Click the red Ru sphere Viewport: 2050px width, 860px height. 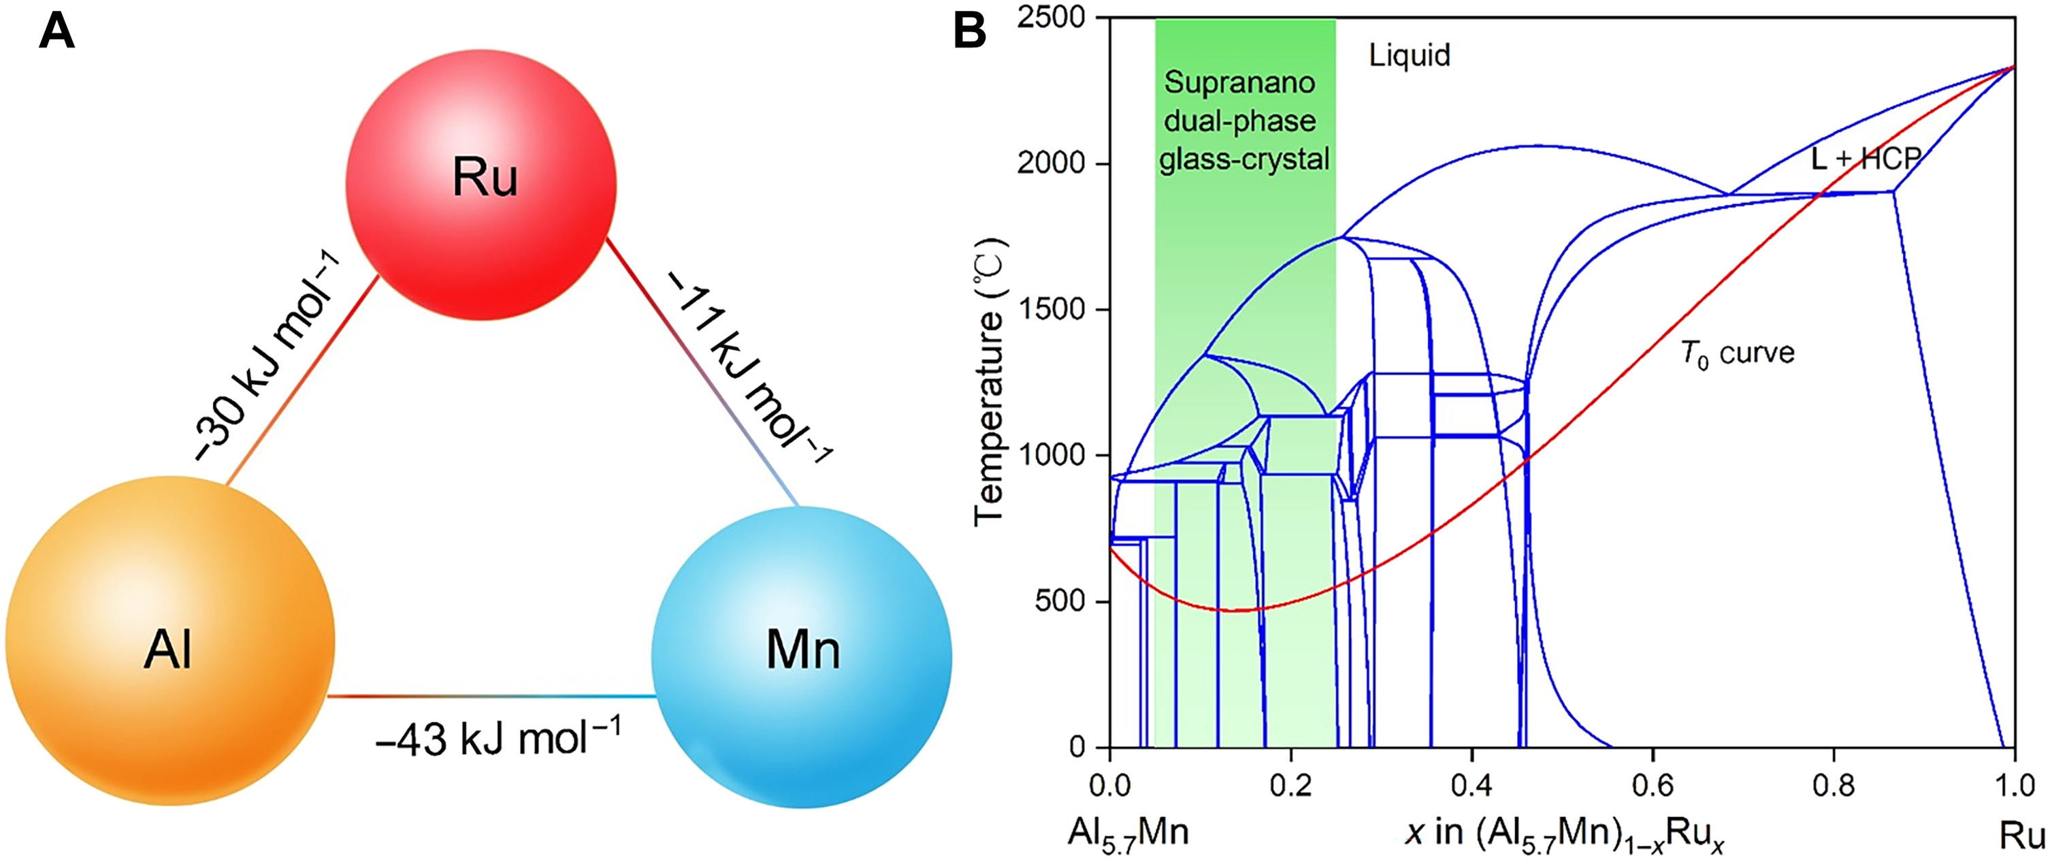pyautogui.click(x=481, y=185)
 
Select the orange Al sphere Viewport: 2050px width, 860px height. pyautogui.click(x=170, y=641)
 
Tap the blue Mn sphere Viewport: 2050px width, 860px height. pyautogui.click(x=801, y=657)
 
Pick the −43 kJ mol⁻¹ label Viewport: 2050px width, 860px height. pyautogui.click(x=498, y=737)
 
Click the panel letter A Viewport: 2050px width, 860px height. pyautogui.click(x=56, y=33)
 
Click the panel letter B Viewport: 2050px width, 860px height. pyautogui.click(x=969, y=33)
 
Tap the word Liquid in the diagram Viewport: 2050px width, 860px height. pyautogui.click(x=1410, y=55)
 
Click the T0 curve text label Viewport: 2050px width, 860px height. pyautogui.click(x=1737, y=353)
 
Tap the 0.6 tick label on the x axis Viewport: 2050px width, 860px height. pyautogui.click(x=1653, y=785)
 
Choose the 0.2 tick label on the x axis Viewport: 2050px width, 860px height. pyautogui.click(x=1291, y=785)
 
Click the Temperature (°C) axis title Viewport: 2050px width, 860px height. pyautogui.click(x=989, y=382)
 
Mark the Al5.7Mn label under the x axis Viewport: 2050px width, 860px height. pyautogui.click(x=1128, y=833)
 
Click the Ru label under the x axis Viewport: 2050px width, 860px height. pyautogui.click(x=2021, y=835)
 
